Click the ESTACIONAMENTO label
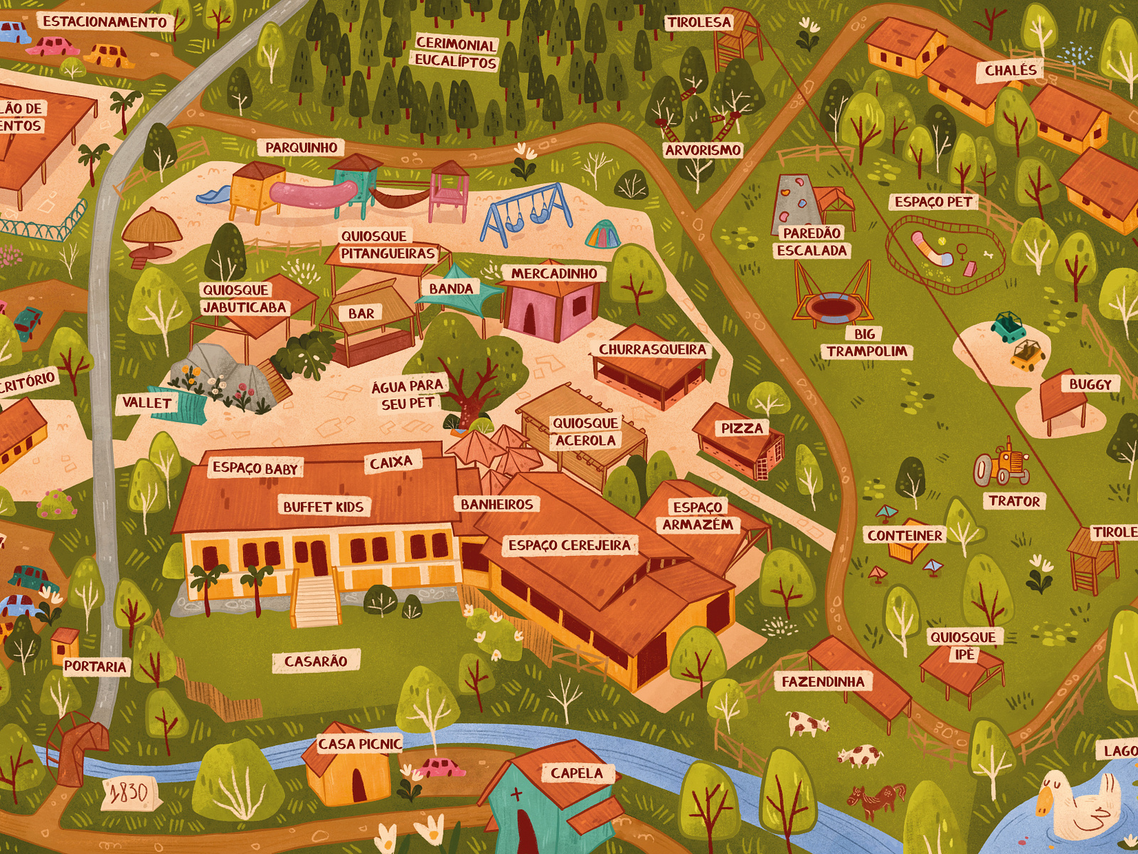105,22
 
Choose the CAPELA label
576,773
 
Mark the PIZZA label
742,428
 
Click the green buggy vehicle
1009,327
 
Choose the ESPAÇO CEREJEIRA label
570,546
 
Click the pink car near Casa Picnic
442,768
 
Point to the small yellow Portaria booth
65,644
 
